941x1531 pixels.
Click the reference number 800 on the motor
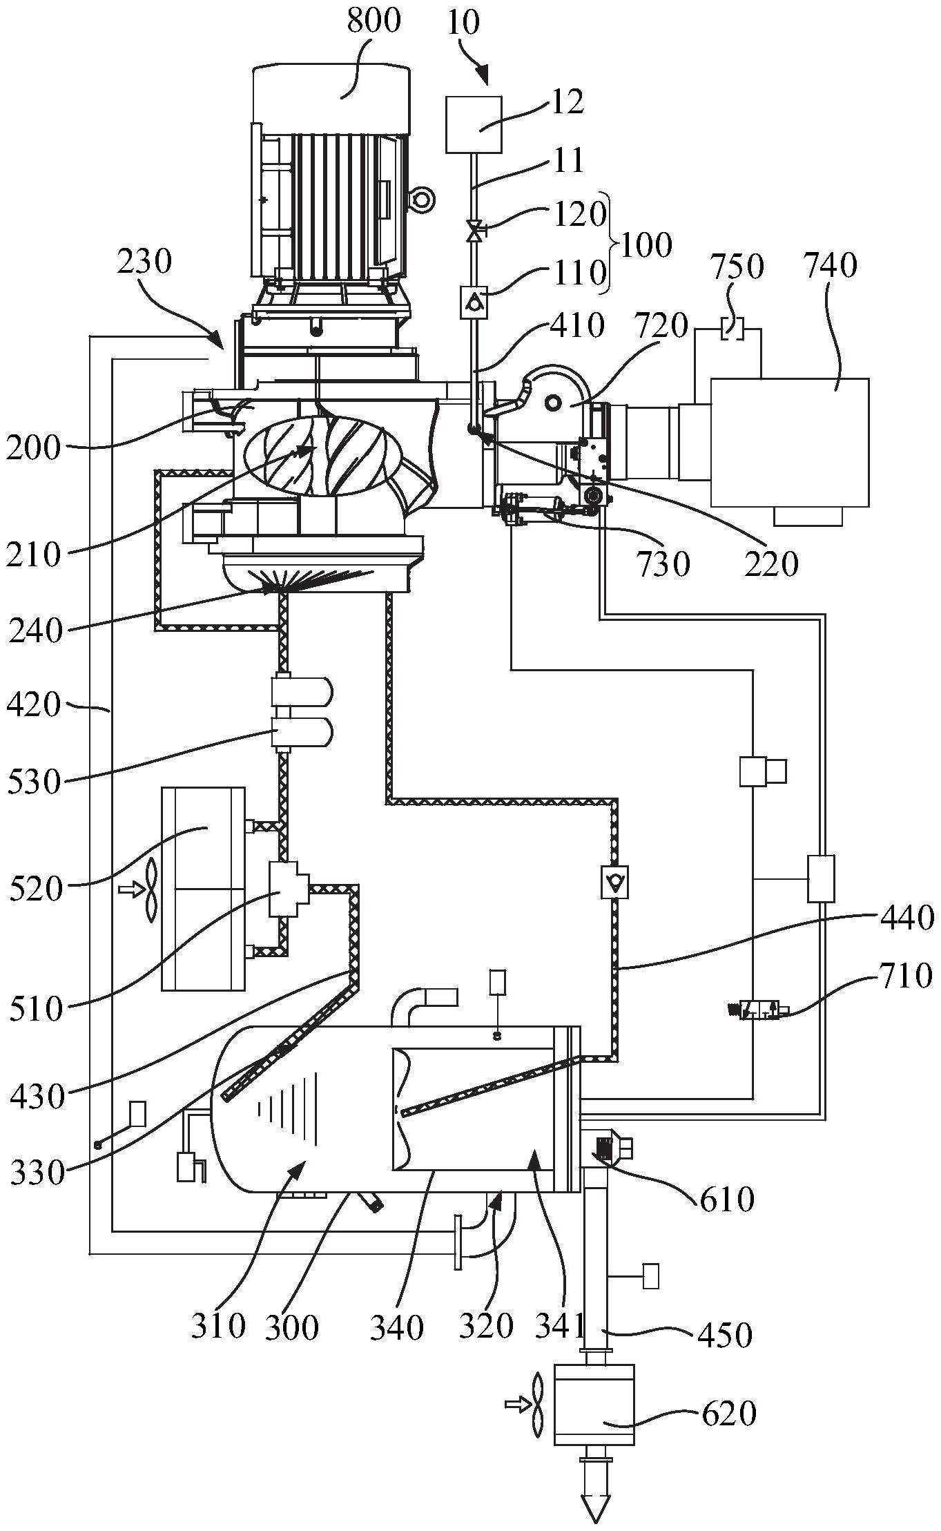click(x=374, y=21)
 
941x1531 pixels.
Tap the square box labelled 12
click(x=474, y=124)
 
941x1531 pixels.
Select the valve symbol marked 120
click(x=474, y=231)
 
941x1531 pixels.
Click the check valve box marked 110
click(x=474, y=302)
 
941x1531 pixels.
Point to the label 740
click(x=831, y=266)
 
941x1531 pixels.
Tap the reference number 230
click(x=144, y=262)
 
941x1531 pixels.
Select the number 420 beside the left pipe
click(x=34, y=706)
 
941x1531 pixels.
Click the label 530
click(x=35, y=783)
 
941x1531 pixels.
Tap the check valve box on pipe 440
click(x=614, y=882)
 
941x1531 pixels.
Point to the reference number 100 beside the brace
click(x=645, y=245)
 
